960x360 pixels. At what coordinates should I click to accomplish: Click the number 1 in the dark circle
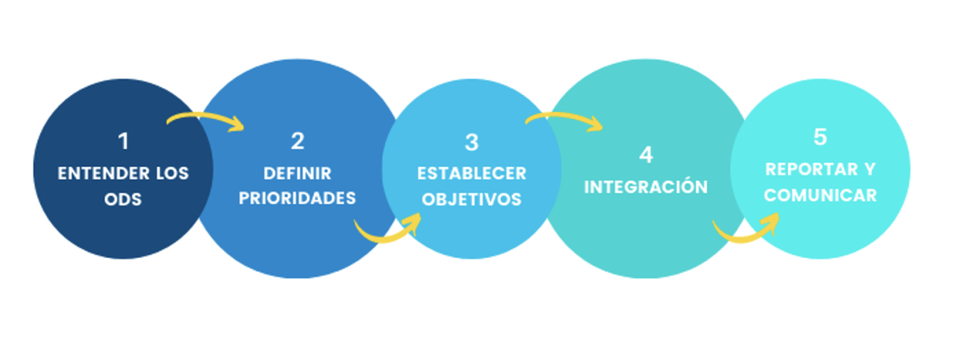[x=124, y=141]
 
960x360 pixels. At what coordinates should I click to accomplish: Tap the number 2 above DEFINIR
[x=297, y=141]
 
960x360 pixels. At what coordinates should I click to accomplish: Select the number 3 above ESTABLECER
[x=472, y=142]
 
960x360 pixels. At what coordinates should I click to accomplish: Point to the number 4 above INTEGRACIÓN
[x=646, y=155]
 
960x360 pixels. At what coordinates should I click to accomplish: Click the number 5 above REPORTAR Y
[x=820, y=137]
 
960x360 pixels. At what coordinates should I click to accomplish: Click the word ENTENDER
[x=103, y=174]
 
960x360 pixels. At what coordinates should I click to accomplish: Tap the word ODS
[x=123, y=199]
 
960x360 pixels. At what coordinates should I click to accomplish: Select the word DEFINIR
[x=297, y=174]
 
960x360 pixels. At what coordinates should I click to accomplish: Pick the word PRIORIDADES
[x=297, y=198]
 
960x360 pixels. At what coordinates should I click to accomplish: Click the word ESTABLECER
[x=472, y=174]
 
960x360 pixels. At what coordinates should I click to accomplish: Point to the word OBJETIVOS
[x=472, y=199]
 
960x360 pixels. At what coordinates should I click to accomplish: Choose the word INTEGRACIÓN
[x=646, y=186]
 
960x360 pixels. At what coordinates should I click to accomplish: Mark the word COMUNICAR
[x=820, y=195]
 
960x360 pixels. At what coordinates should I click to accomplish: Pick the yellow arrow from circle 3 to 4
[x=564, y=117]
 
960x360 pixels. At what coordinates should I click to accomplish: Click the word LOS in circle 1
[x=172, y=174]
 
